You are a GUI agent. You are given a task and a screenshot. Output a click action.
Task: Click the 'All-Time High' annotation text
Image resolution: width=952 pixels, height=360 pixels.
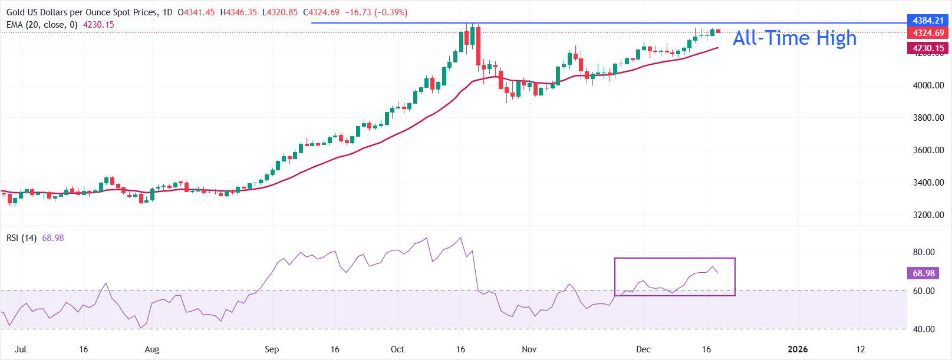pyautogui.click(x=794, y=38)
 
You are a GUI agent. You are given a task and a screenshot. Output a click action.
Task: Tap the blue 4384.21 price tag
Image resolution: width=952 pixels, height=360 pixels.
pyautogui.click(x=928, y=21)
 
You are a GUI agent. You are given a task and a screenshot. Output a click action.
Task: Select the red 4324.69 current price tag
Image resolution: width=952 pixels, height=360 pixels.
pyautogui.click(x=928, y=33)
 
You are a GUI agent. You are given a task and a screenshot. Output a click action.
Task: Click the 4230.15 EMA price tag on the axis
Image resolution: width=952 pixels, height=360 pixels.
pyautogui.click(x=928, y=48)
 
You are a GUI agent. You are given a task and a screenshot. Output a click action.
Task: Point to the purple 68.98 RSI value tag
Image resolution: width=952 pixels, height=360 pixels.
pyautogui.click(x=924, y=273)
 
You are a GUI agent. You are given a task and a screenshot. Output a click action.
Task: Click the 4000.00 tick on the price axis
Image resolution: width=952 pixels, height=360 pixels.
pyautogui.click(x=928, y=85)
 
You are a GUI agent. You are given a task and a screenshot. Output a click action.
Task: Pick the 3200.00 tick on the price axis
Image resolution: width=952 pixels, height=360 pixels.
pyautogui.click(x=928, y=215)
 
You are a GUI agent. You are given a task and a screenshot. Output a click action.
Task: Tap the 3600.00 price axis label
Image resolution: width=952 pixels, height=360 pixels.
pyautogui.click(x=928, y=150)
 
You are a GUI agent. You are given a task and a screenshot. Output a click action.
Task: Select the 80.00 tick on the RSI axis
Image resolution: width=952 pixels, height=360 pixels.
pyautogui.click(x=924, y=252)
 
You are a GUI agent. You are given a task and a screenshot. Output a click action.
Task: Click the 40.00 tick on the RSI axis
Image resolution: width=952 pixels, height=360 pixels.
pyautogui.click(x=924, y=329)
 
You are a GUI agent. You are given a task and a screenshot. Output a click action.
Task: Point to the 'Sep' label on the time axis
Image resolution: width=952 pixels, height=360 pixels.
pyautogui.click(x=272, y=349)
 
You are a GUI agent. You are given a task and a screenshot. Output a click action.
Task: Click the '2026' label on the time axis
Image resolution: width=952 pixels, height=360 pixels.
pyautogui.click(x=798, y=349)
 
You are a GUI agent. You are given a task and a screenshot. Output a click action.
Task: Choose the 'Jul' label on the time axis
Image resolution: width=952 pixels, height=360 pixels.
pyautogui.click(x=21, y=349)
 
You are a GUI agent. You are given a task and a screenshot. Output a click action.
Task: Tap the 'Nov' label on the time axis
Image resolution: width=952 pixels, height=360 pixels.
pyautogui.click(x=529, y=349)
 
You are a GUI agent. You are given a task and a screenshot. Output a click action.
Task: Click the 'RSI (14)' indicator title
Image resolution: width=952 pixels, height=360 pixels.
pyautogui.click(x=22, y=238)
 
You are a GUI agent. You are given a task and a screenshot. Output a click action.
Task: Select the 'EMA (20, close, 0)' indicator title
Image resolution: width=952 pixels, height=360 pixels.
pyautogui.click(x=42, y=25)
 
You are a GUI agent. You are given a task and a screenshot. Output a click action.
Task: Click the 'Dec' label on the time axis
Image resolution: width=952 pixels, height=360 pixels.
pyautogui.click(x=643, y=349)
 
